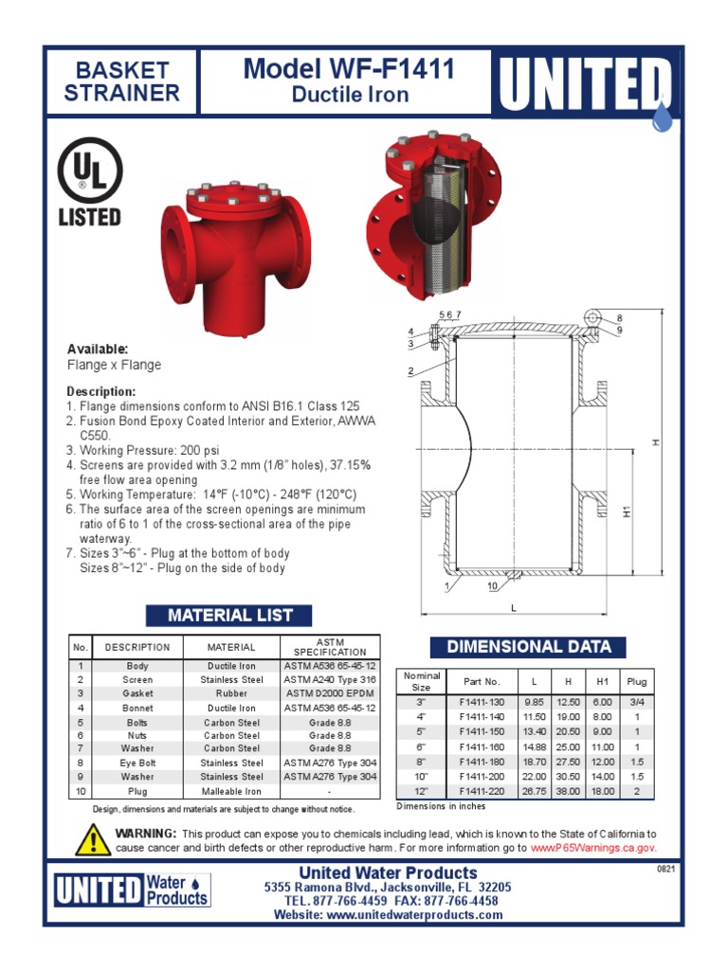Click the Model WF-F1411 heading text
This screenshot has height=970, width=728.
click(349, 69)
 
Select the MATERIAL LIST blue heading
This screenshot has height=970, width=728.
click(230, 616)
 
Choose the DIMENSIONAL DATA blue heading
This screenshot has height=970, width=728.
click(528, 647)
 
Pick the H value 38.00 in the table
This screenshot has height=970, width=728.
click(568, 791)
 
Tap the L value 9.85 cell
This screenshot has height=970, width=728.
click(537, 701)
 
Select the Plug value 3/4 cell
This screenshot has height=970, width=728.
click(636, 701)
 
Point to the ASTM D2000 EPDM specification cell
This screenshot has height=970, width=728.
click(330, 693)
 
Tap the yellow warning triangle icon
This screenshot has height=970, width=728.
click(93, 839)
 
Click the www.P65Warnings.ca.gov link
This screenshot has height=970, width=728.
click(592, 848)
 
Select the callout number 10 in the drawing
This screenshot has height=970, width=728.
click(493, 587)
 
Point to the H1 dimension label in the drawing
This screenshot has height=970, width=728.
click(627, 512)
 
